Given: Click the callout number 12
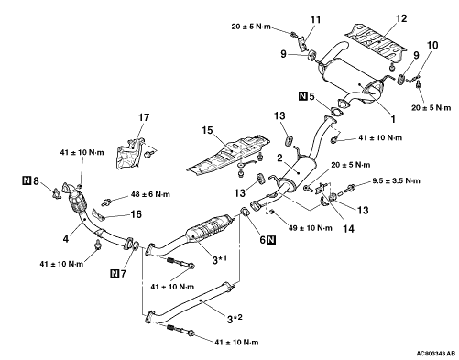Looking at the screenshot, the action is tap(401, 18).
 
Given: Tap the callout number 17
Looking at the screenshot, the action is tap(144, 117).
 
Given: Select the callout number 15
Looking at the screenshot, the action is tap(207, 130).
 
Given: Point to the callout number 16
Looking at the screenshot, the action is tap(136, 214).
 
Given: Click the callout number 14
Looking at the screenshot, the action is tap(348, 229).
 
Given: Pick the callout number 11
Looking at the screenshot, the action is tap(315, 19).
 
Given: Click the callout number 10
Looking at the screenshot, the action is tap(432, 45).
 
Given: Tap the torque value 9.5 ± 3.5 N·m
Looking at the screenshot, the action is tap(396, 180).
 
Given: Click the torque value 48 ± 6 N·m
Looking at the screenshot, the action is tap(150, 194).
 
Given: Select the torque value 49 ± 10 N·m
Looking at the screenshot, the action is tap(311, 228).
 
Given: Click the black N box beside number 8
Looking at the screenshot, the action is tap(27, 180).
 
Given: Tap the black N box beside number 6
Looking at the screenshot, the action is tap(271, 240).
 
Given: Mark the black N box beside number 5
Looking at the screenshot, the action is tap(302, 96).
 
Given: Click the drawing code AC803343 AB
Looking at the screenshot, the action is tap(436, 354).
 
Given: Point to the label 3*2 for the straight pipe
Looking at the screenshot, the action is tap(235, 319).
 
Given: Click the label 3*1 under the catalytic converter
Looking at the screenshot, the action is tap(220, 260).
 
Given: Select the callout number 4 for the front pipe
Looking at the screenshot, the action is tap(66, 239).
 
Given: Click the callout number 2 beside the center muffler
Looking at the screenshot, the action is tap(279, 158).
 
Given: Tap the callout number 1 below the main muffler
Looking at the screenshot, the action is tap(393, 119).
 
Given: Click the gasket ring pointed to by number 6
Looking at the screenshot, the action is tap(245, 212).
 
